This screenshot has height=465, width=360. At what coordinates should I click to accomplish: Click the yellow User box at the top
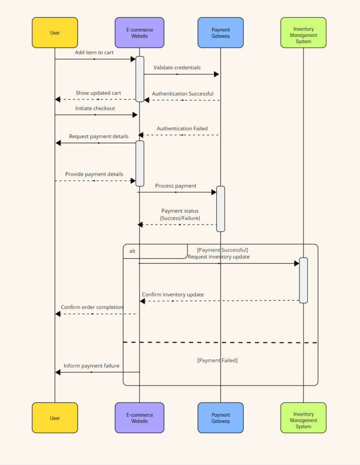coord(55,33)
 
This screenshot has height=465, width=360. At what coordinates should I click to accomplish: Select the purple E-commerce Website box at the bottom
coord(140,418)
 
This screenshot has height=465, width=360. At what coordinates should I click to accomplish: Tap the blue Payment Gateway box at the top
coord(220,33)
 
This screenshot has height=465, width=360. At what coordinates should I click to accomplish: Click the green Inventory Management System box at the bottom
coord(303,418)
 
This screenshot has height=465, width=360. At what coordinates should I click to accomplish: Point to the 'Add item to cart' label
coord(94,53)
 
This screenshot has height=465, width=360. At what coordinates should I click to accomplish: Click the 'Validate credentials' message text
coord(177,68)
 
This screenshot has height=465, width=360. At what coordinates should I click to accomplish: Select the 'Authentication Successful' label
coord(182,94)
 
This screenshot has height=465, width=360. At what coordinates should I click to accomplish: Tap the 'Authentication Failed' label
coord(182,129)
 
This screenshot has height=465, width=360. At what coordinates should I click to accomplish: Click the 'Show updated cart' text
coord(98,93)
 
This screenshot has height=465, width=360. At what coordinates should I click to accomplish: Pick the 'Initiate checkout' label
coord(95,109)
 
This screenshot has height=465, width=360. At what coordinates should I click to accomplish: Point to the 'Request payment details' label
coord(99,137)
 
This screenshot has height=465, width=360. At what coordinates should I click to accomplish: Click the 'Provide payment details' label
coord(94,174)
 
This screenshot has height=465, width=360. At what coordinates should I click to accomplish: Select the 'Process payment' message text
coord(175,186)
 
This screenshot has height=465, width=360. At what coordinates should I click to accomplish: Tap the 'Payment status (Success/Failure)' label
coord(180,214)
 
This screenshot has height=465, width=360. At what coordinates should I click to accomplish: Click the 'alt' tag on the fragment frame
coord(132,251)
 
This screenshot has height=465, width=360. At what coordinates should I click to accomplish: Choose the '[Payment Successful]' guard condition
coord(222,250)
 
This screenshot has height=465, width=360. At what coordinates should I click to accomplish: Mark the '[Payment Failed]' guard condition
coord(217,361)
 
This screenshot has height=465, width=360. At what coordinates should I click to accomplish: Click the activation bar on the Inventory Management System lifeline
coord(303,280)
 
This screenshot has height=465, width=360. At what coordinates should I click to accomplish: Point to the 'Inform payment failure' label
coord(91,366)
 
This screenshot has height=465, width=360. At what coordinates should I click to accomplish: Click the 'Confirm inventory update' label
coord(173,295)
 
